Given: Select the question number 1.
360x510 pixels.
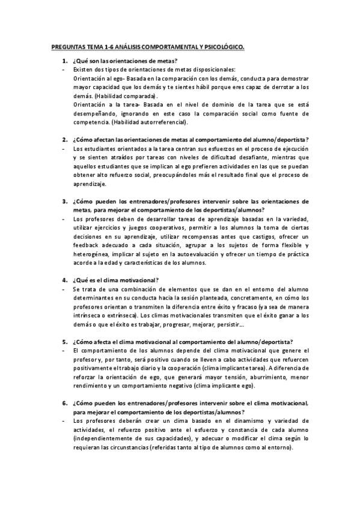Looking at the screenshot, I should pyautogui.click(x=64, y=61).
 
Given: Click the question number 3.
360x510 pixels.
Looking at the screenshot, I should pyautogui.click(x=64, y=201).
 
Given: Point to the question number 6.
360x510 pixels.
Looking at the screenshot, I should pyautogui.click(x=64, y=402).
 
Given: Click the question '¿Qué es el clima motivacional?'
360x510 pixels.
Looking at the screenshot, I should pyautogui.click(x=115, y=280).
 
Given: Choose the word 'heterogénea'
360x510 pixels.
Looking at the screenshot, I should pyautogui.click(x=92, y=254).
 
